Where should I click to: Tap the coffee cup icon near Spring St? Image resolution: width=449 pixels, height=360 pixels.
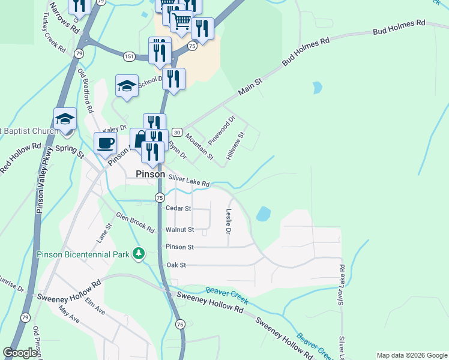[x=106, y=143]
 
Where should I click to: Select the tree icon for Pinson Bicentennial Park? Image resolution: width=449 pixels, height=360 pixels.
[x=139, y=254]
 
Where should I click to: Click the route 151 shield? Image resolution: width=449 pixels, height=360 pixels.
[x=129, y=56]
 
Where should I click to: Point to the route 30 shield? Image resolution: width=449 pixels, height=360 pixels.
[x=176, y=132]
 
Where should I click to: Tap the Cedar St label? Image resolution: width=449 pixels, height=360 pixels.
[x=178, y=209]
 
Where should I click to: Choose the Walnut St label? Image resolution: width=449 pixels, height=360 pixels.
[x=179, y=230]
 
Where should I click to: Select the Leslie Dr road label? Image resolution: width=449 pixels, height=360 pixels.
[x=229, y=221]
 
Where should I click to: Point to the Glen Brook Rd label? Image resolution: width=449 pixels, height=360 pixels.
[x=135, y=223]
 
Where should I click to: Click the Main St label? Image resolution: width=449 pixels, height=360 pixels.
[x=250, y=84]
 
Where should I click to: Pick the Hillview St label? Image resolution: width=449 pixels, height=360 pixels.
[x=236, y=145]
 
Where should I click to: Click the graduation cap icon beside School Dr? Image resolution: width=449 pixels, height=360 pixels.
[x=127, y=85]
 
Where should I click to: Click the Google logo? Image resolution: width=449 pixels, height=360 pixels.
[x=20, y=353]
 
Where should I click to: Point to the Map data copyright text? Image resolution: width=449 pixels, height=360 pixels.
[x=412, y=355]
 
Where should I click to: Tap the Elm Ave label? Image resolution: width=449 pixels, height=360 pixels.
[x=95, y=306]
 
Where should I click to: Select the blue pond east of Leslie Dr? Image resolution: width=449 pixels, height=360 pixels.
[x=263, y=214]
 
